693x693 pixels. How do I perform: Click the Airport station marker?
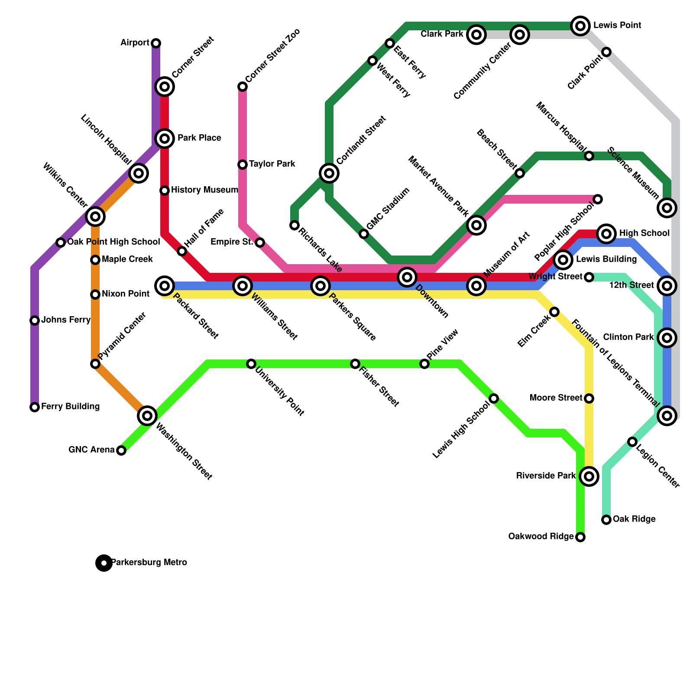156,43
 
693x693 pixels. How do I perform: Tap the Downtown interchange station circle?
407,277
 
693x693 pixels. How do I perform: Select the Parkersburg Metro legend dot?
104,563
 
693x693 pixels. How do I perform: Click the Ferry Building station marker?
35,407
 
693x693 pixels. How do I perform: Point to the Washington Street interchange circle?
147,416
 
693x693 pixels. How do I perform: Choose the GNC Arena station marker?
121,450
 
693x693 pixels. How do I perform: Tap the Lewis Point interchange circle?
580,26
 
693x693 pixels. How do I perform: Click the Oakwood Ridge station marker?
580,537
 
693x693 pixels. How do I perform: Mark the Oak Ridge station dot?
606,520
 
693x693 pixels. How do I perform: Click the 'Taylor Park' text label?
272,164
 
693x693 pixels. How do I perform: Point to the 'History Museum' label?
204,190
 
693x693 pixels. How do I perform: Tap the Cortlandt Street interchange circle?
329,173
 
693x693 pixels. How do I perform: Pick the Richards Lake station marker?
295,225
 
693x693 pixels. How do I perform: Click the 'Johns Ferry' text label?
66,320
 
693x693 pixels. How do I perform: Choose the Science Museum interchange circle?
667,208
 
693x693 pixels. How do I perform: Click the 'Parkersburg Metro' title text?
149,563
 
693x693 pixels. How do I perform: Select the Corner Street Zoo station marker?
243,87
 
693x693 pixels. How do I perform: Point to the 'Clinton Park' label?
628,337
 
